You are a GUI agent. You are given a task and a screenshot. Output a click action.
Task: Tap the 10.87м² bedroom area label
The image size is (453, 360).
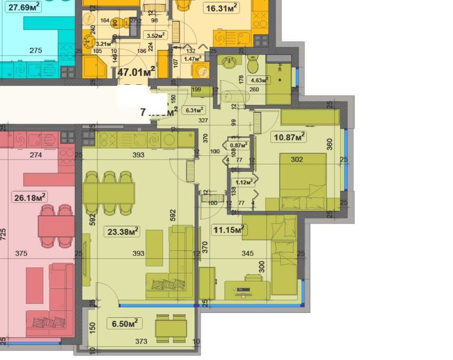[288, 136]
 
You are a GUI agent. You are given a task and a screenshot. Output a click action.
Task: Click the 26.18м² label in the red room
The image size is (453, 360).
[29, 196]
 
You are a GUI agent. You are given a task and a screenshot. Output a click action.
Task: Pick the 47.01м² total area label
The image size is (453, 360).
[136, 72]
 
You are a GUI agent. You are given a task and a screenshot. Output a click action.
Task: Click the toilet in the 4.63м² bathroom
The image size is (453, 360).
[252, 66]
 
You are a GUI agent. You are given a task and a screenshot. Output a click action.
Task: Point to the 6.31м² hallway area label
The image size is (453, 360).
[195, 109]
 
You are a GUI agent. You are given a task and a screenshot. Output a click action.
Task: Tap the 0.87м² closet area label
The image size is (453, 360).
[239, 145]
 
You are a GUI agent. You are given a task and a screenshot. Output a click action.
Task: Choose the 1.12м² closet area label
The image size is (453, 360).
[242, 182]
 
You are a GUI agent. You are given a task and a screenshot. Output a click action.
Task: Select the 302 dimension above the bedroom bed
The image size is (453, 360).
[297, 159]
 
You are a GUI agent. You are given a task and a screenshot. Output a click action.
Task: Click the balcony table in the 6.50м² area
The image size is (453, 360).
[171, 328]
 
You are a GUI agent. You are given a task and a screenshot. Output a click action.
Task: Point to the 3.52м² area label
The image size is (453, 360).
[155, 35]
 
